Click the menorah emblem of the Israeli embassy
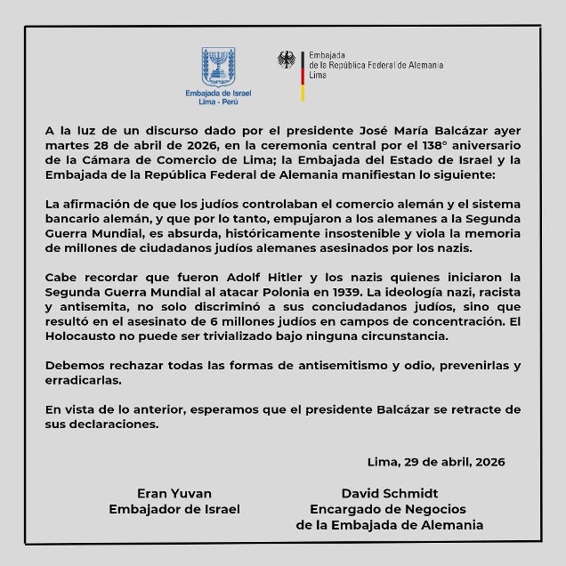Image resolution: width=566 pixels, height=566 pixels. [218, 67]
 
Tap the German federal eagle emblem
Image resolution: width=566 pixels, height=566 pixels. [287, 61]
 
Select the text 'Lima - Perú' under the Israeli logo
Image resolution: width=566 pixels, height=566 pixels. [218, 102]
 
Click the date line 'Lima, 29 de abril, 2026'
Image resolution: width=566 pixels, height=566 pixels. [436, 461]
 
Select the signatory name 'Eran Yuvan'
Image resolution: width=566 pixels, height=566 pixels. [174, 492]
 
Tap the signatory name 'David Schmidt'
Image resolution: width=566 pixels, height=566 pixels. [390, 492]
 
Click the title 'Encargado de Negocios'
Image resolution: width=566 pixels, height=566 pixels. [388, 508]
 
